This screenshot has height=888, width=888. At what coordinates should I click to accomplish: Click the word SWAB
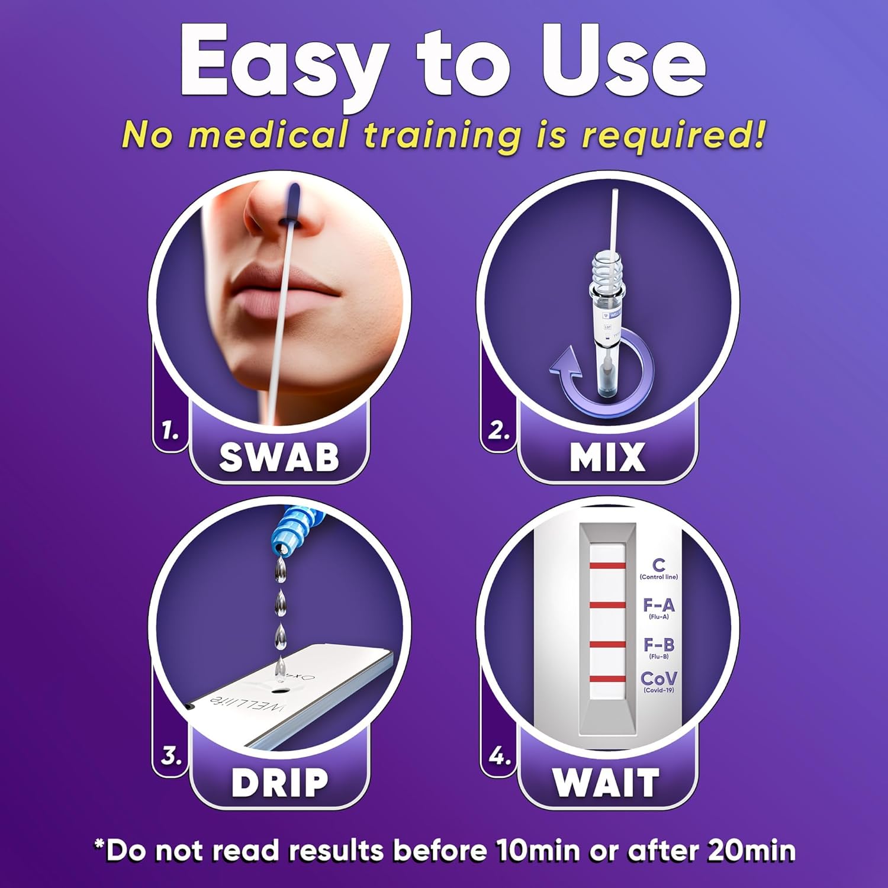tap(279, 457)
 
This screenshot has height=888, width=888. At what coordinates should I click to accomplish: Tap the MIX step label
tap(607, 457)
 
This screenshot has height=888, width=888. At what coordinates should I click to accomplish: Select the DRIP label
tap(279, 783)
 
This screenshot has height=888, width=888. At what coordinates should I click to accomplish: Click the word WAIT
tap(606, 783)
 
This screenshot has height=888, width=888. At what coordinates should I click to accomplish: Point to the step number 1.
tap(170, 432)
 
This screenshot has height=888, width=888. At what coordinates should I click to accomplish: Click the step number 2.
tap(498, 431)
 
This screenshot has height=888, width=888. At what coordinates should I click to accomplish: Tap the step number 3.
tap(171, 757)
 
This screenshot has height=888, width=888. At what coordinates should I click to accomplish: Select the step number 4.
tap(499, 757)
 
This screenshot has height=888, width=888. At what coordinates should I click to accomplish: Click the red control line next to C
tap(607, 566)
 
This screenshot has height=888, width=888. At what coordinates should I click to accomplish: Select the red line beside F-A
tap(607, 605)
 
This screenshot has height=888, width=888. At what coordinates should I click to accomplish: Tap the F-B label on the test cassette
tap(658, 645)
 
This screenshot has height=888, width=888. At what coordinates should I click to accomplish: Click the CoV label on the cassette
tap(658, 679)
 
